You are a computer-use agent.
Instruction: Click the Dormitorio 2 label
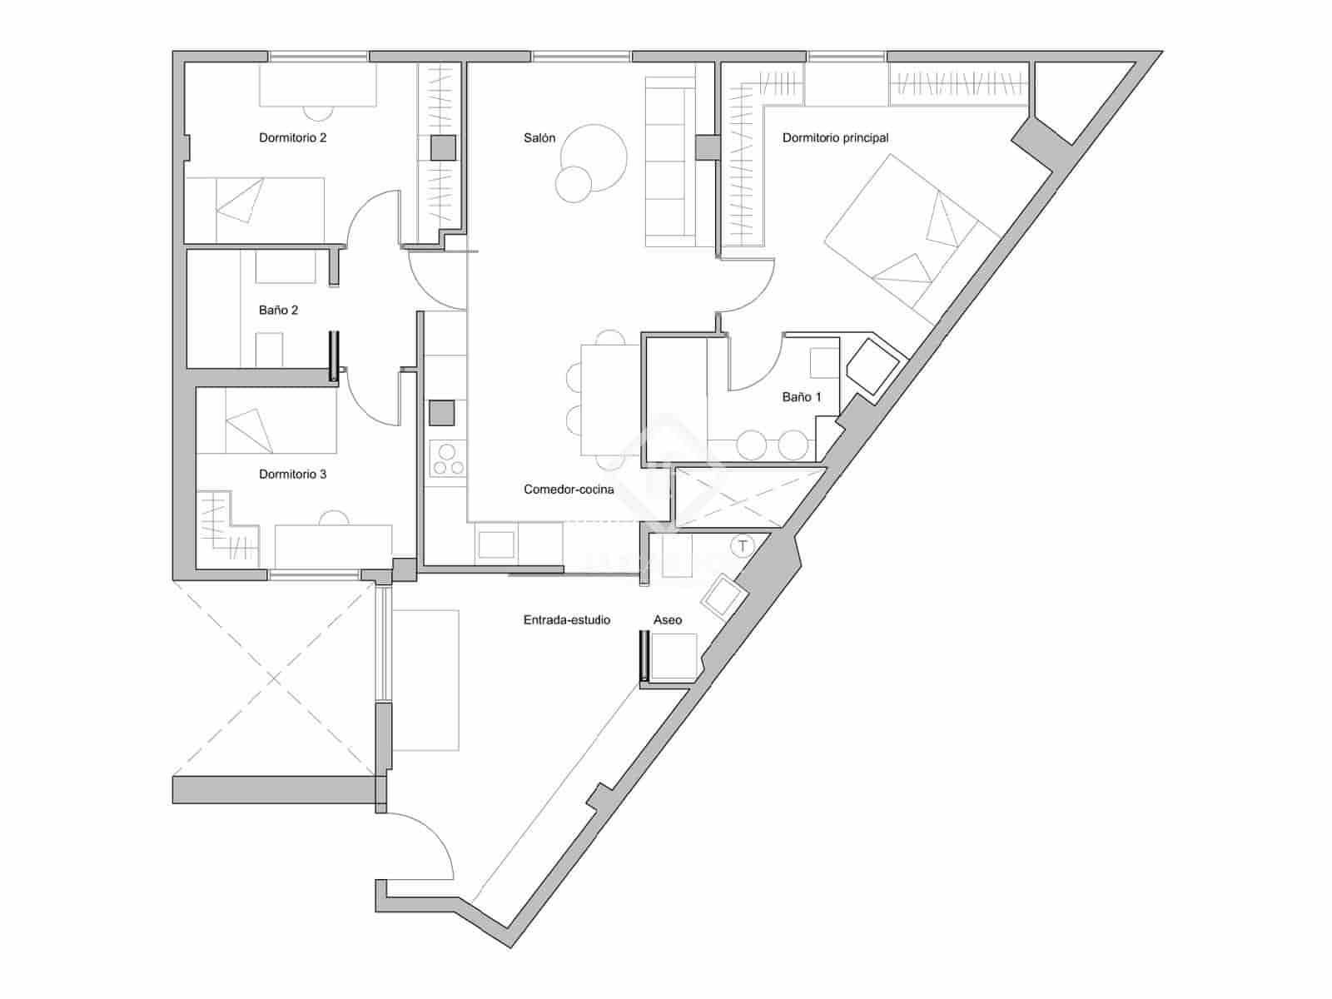[292, 138]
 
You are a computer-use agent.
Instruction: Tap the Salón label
[539, 138]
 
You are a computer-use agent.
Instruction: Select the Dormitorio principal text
[835, 138]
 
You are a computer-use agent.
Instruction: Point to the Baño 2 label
[278, 311]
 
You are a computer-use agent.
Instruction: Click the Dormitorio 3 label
[292, 475]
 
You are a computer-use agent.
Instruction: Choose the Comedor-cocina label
[569, 490]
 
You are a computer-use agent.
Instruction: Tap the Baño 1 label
[802, 397]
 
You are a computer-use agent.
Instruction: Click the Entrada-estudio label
[567, 620]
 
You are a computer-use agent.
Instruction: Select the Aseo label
[668, 620]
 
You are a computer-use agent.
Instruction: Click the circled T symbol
[741, 547]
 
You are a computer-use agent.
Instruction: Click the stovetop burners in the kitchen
[448, 460]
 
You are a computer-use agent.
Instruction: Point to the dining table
[610, 400]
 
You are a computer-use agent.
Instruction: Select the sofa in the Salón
[670, 162]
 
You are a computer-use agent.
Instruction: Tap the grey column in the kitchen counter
[441, 413]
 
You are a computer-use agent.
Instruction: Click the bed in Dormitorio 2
[254, 209]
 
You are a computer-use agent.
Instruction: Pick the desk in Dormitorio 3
[333, 545]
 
